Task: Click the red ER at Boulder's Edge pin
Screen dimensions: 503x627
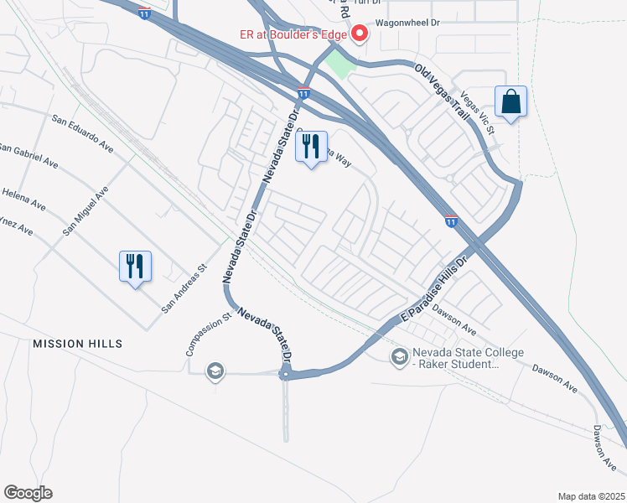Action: point(360,34)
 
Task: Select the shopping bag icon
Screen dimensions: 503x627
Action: point(510,102)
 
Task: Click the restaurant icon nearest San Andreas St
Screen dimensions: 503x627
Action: point(135,266)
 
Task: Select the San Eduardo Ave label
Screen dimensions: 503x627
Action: point(82,132)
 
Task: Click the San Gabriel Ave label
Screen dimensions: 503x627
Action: point(28,155)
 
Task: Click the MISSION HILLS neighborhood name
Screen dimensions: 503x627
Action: point(77,344)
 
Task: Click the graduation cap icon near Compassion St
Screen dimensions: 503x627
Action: point(215,371)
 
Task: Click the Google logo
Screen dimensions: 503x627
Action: point(28,493)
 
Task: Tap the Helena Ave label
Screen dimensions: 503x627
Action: point(23,198)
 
